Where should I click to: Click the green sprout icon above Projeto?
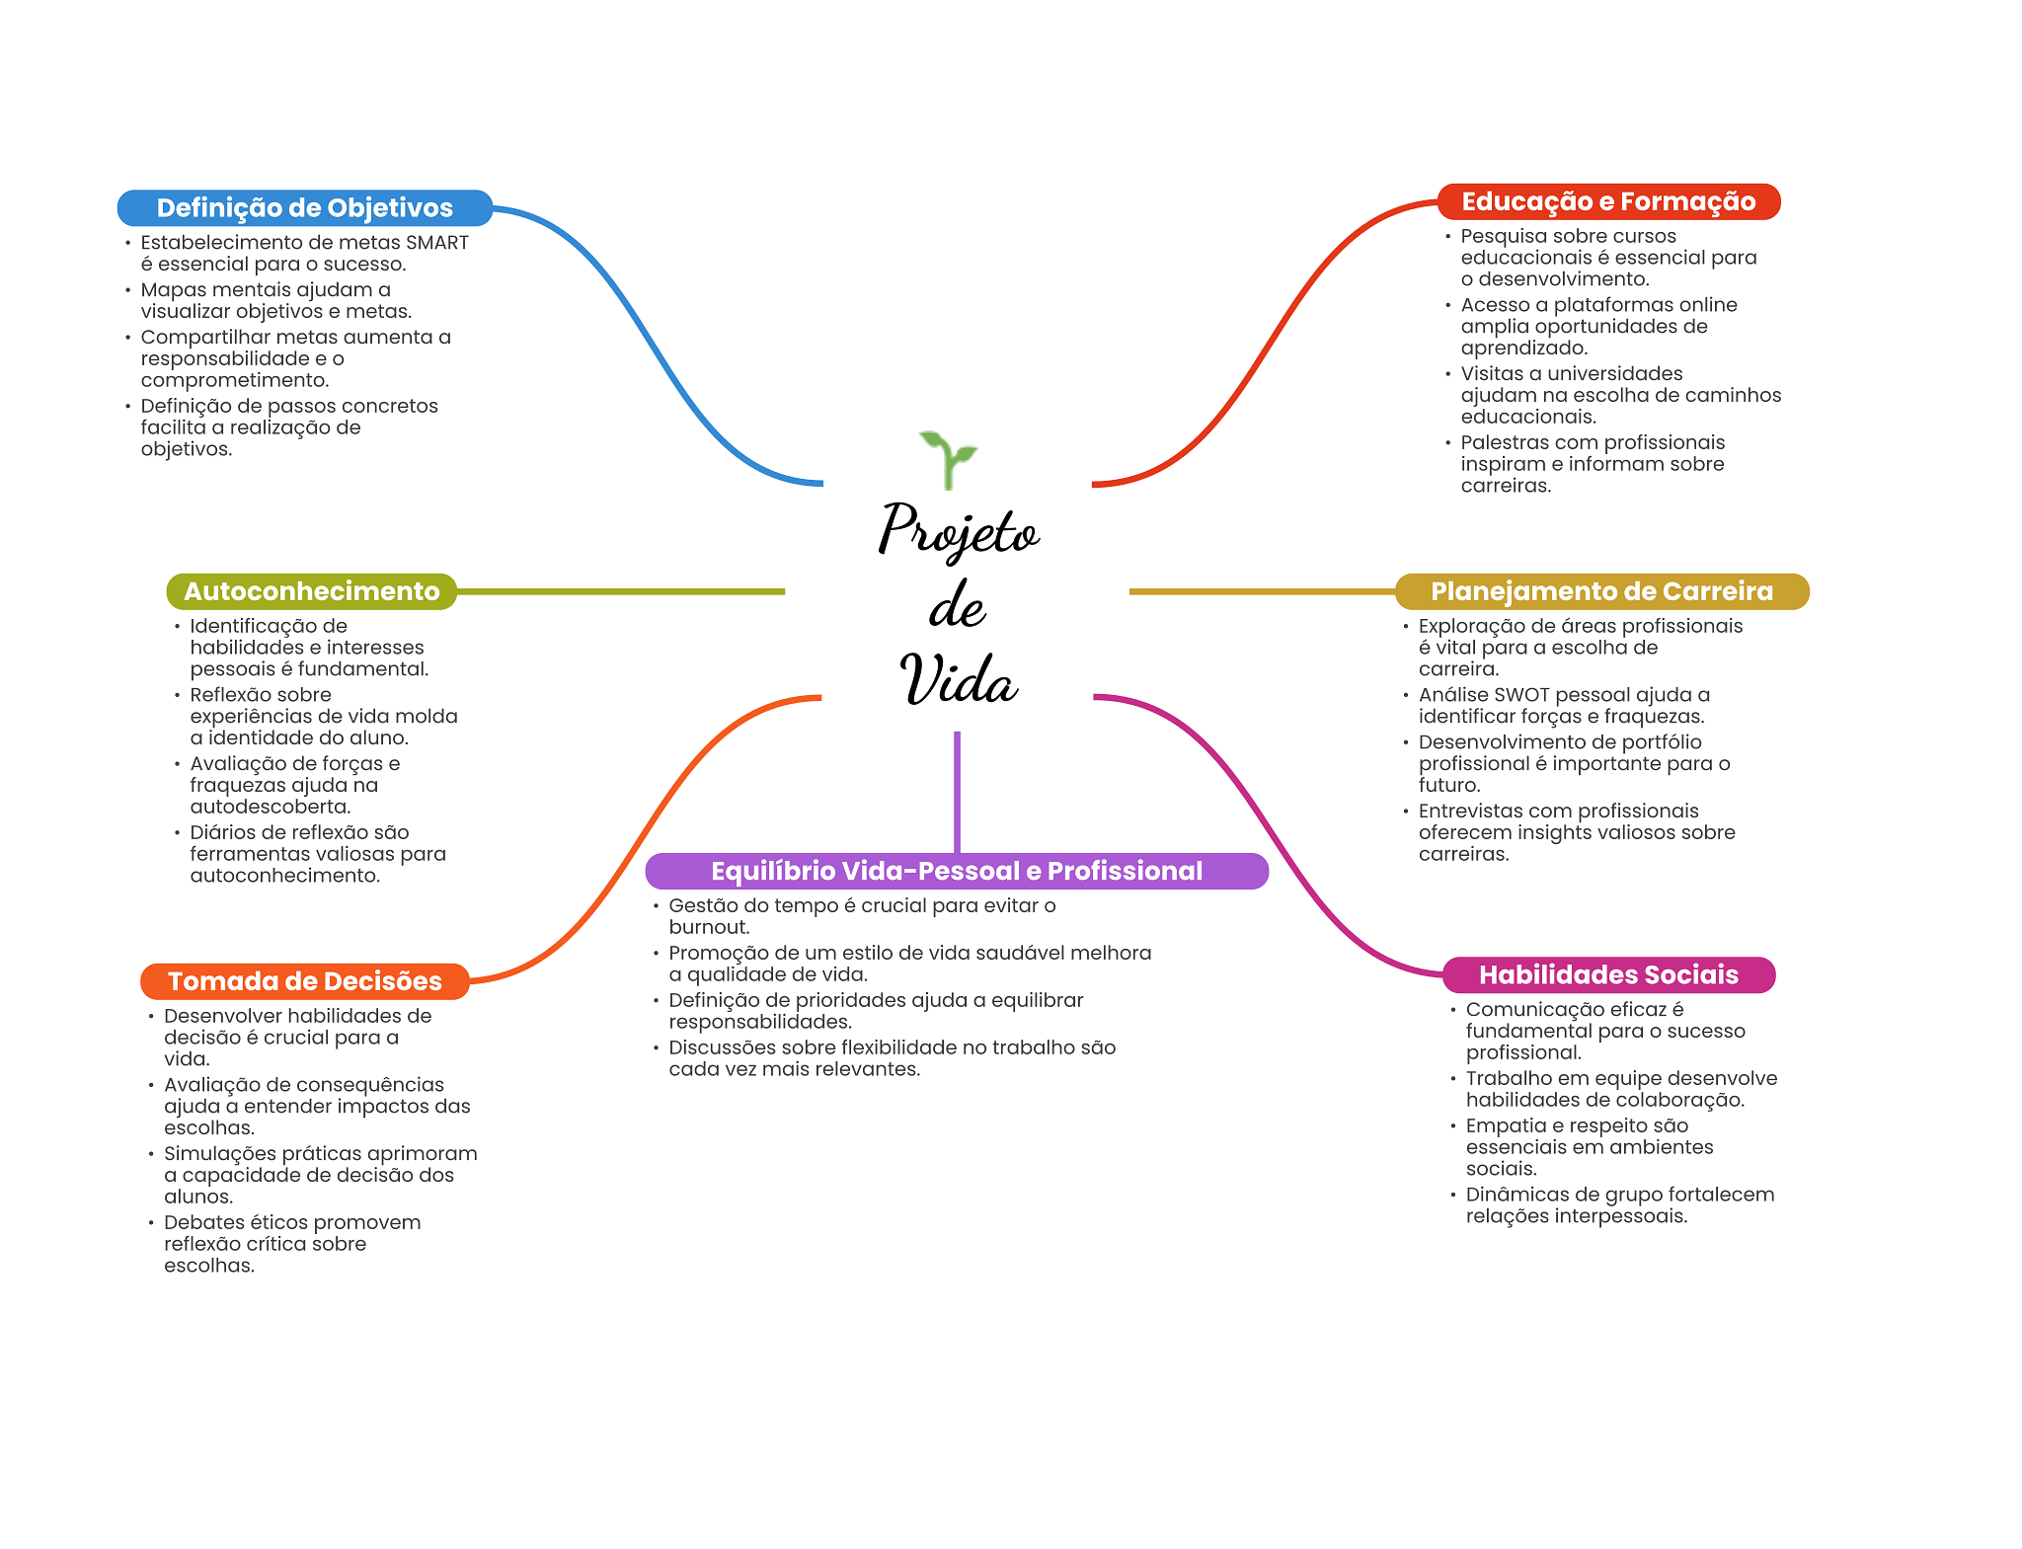(948, 459)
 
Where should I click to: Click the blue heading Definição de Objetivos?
(304, 208)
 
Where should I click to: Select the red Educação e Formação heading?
(1608, 201)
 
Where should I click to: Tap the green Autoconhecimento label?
(311, 591)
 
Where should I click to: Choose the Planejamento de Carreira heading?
(1601, 591)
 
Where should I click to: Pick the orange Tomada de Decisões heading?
(304, 981)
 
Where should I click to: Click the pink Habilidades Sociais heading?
(1608, 975)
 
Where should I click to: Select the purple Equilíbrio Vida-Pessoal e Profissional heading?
(957, 871)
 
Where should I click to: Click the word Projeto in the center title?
(959, 530)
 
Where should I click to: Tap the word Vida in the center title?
(958, 678)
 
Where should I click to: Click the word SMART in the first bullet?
(437, 243)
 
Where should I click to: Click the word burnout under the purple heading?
(709, 927)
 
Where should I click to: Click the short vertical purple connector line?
(957, 792)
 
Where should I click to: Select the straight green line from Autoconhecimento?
(621, 591)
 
